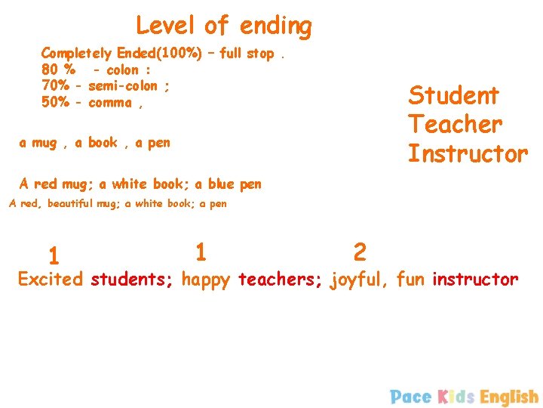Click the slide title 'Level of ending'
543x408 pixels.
[x=223, y=26]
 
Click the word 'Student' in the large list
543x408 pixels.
[x=453, y=96]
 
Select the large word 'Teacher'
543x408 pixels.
[x=455, y=124]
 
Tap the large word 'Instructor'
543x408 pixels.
[x=468, y=153]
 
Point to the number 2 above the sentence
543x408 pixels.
[x=360, y=251]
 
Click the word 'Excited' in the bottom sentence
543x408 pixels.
[x=50, y=280]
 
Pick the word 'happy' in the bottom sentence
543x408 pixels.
[x=207, y=280]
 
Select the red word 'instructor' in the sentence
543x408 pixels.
[x=475, y=280]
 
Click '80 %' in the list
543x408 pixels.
[x=57, y=70]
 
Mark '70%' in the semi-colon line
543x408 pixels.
[x=56, y=86]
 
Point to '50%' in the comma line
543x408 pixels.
[x=56, y=103]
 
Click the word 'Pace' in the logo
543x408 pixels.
[x=411, y=397]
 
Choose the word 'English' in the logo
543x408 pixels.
[x=509, y=397]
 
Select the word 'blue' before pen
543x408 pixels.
[x=222, y=184]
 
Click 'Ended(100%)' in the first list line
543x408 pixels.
[x=159, y=54]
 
